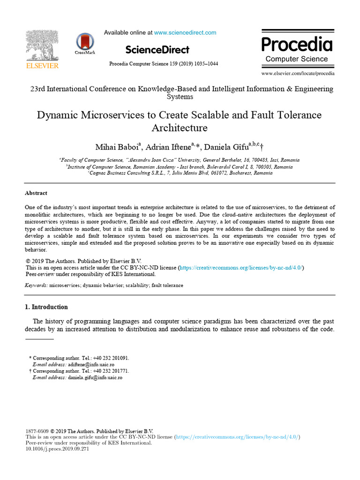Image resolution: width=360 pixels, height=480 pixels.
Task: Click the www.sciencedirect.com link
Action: (185, 33)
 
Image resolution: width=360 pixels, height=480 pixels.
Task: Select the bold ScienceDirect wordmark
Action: (157, 50)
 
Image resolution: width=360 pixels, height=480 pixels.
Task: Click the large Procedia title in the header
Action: (297, 45)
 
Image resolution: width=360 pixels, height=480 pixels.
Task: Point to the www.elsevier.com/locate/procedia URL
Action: (298, 74)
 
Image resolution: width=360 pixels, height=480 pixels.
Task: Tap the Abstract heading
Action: (36, 193)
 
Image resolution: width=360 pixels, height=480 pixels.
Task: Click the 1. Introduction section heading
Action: (46, 307)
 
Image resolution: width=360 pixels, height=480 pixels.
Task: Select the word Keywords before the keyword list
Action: (36, 285)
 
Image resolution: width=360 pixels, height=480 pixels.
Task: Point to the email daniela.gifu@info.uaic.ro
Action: (95, 377)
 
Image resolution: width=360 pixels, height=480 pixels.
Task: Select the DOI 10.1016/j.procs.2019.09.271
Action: (57, 449)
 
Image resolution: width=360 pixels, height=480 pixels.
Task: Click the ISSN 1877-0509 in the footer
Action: (36, 431)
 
